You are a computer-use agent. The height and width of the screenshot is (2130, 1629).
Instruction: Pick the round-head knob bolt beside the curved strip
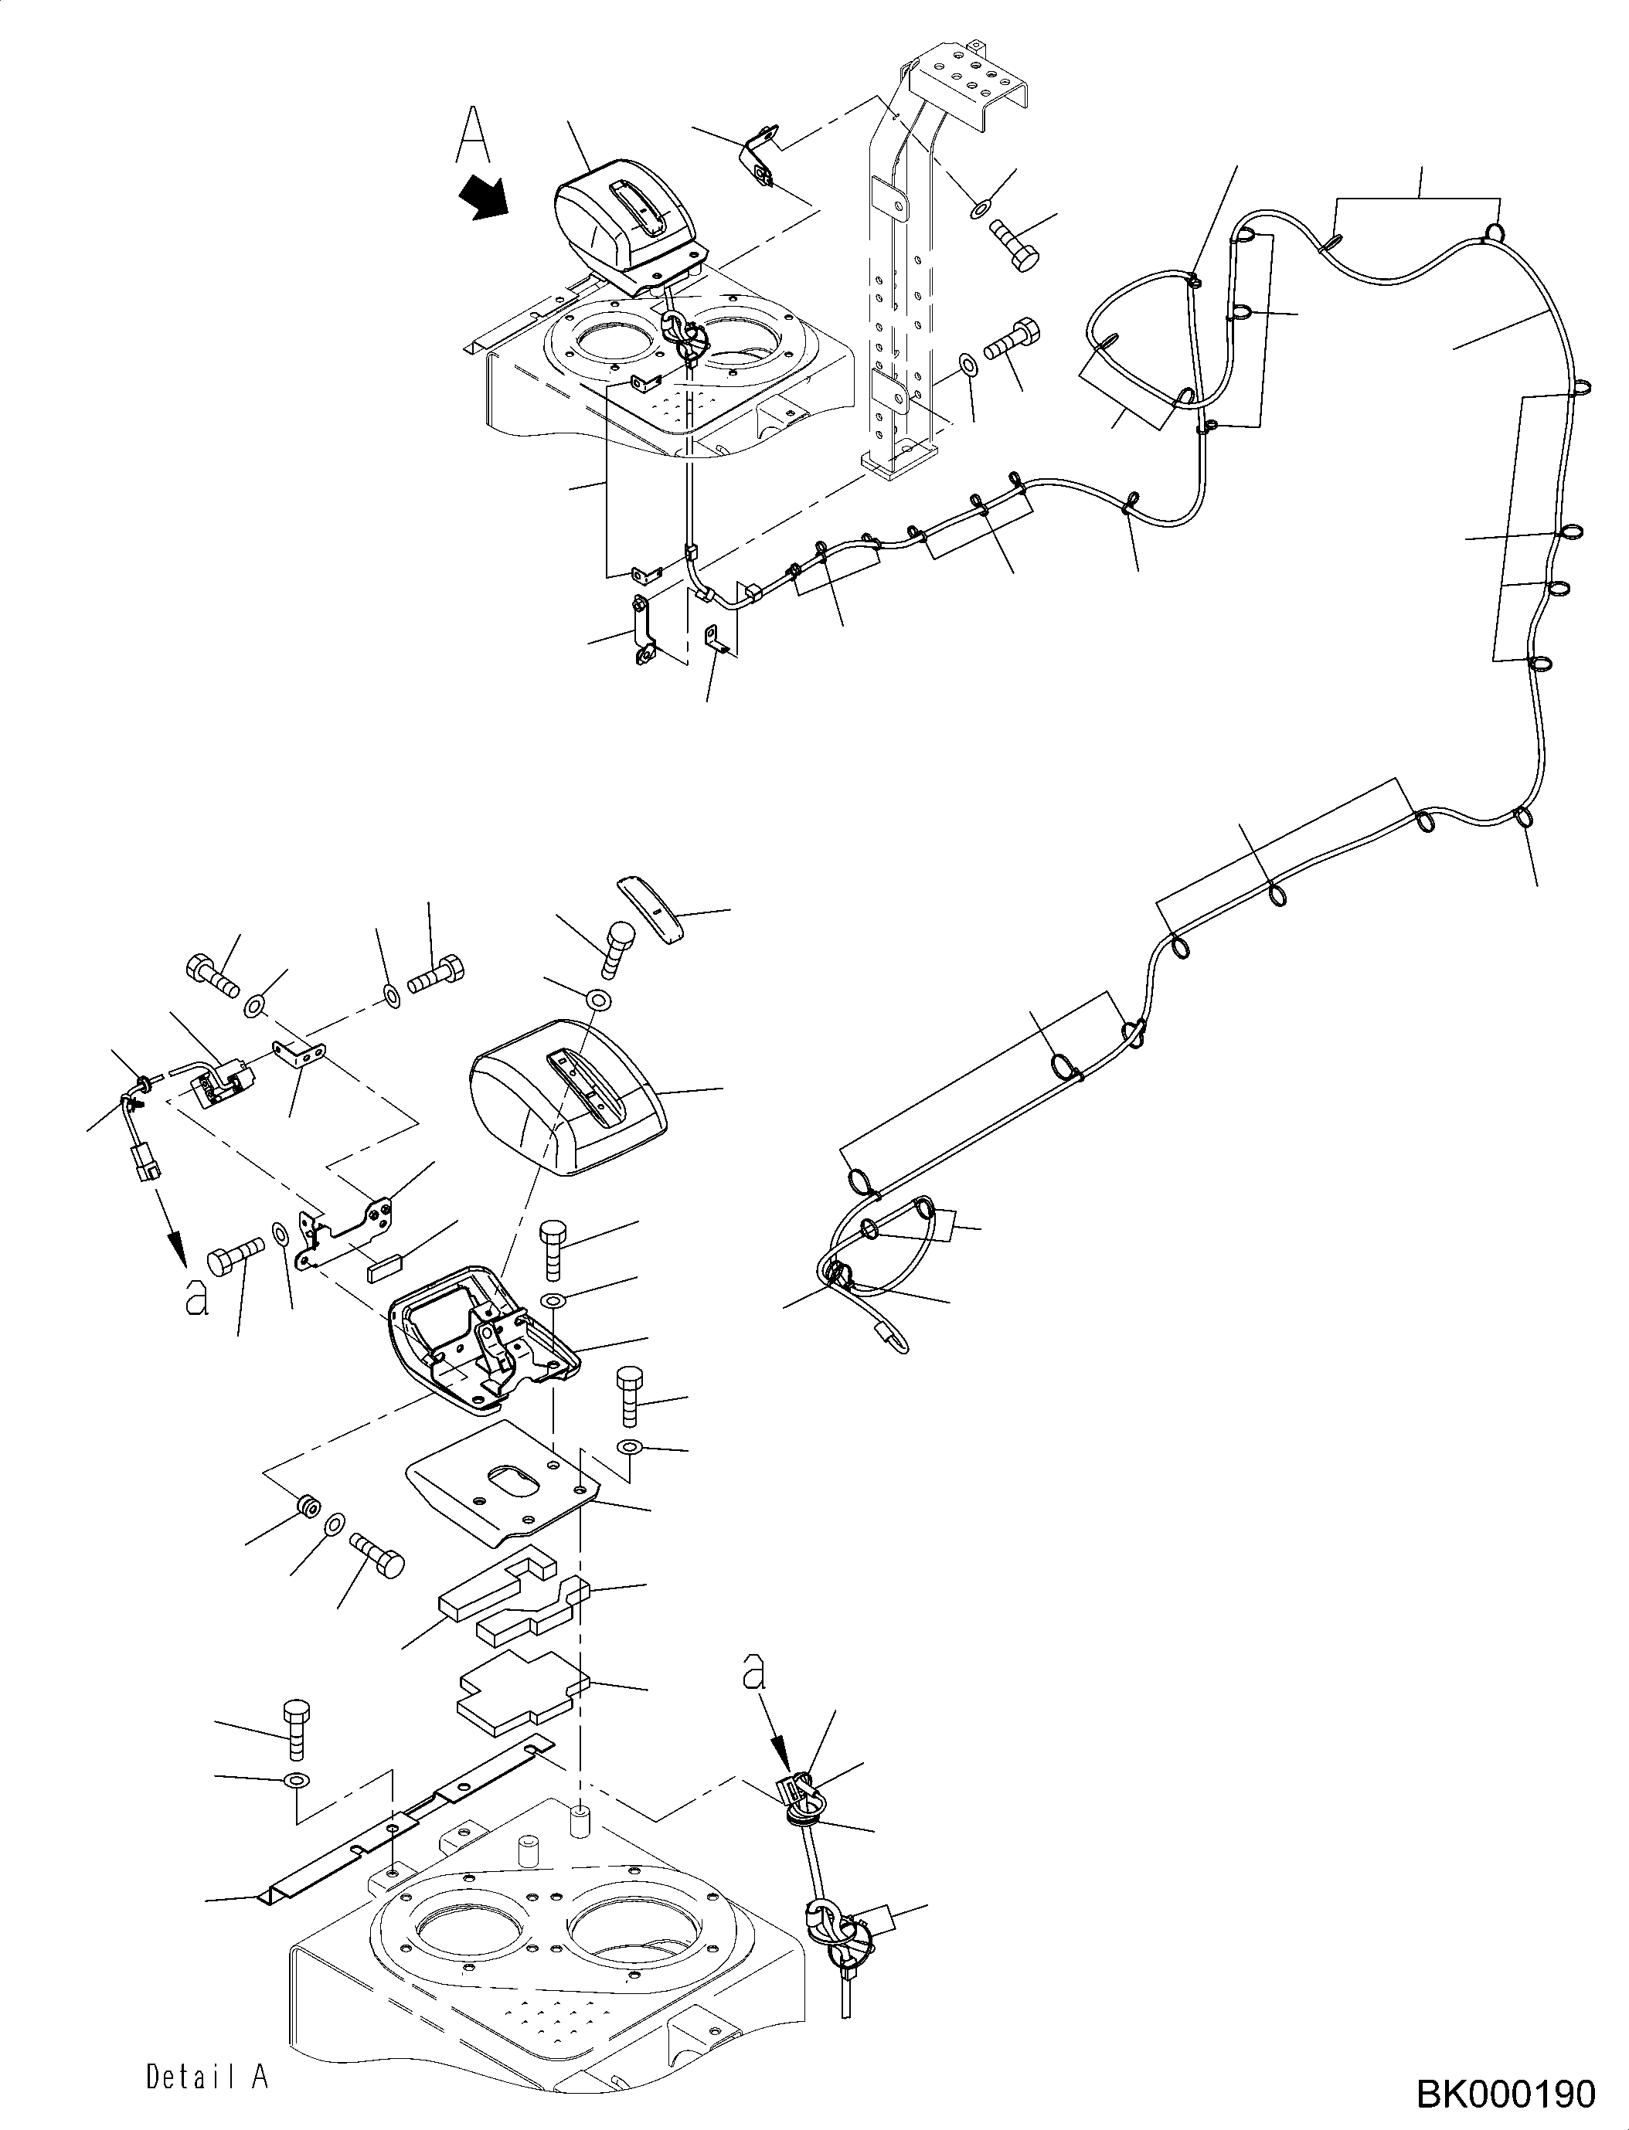pyautogui.click(x=617, y=948)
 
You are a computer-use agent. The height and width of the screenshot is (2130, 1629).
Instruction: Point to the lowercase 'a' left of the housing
pyautogui.click(x=198, y=1296)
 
